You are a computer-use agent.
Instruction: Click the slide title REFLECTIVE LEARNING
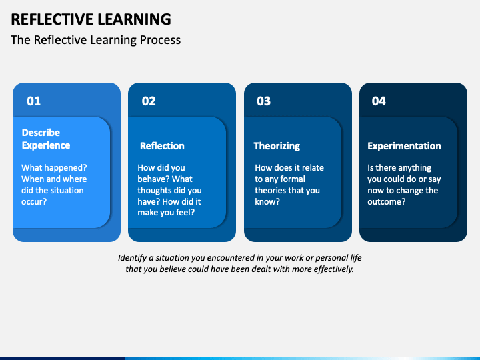coord(91,19)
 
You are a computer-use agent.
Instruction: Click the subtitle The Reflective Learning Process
coord(95,40)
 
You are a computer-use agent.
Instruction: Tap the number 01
coord(34,101)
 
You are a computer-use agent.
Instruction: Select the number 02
coord(149,101)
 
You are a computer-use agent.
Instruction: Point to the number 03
coord(263,101)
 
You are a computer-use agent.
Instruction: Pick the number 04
coord(379,101)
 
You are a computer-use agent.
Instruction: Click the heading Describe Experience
coord(46,139)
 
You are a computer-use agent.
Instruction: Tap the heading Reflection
coord(162,146)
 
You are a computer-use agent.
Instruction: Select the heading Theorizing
coord(277,146)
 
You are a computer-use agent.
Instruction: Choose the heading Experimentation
coord(404,146)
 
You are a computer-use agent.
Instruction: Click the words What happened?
coord(54,168)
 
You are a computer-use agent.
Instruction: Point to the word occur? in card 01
coord(34,202)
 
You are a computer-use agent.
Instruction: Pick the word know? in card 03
coord(267,202)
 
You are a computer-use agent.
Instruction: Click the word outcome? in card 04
coord(386,202)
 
